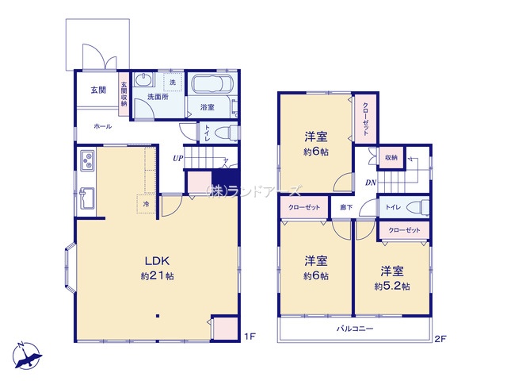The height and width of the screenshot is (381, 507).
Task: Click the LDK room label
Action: tap(157, 261)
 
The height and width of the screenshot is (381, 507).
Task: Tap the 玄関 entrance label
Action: tap(98, 90)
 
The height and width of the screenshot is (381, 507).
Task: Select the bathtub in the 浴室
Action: tap(210, 85)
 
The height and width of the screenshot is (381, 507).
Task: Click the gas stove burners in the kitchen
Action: tap(87, 160)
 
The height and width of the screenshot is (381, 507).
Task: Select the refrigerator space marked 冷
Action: tap(146, 204)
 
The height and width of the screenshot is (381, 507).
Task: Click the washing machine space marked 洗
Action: tap(173, 83)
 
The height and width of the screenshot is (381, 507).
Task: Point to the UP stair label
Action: tap(177, 159)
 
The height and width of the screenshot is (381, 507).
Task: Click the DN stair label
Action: tap(371, 183)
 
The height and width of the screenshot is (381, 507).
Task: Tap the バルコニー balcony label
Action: tap(355, 329)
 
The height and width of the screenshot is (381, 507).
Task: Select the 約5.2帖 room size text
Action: tap(392, 287)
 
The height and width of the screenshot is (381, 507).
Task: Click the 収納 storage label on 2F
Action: tap(391, 157)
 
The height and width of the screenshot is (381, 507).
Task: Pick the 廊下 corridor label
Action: tap(346, 207)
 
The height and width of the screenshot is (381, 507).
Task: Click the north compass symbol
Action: tap(26, 356)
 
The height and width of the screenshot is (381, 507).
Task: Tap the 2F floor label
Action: tap(440, 339)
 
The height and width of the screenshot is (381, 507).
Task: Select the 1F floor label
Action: tap(250, 337)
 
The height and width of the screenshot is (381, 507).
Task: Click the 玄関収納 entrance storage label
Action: tap(124, 94)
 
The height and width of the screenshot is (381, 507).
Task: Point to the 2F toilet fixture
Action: tap(419, 207)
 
